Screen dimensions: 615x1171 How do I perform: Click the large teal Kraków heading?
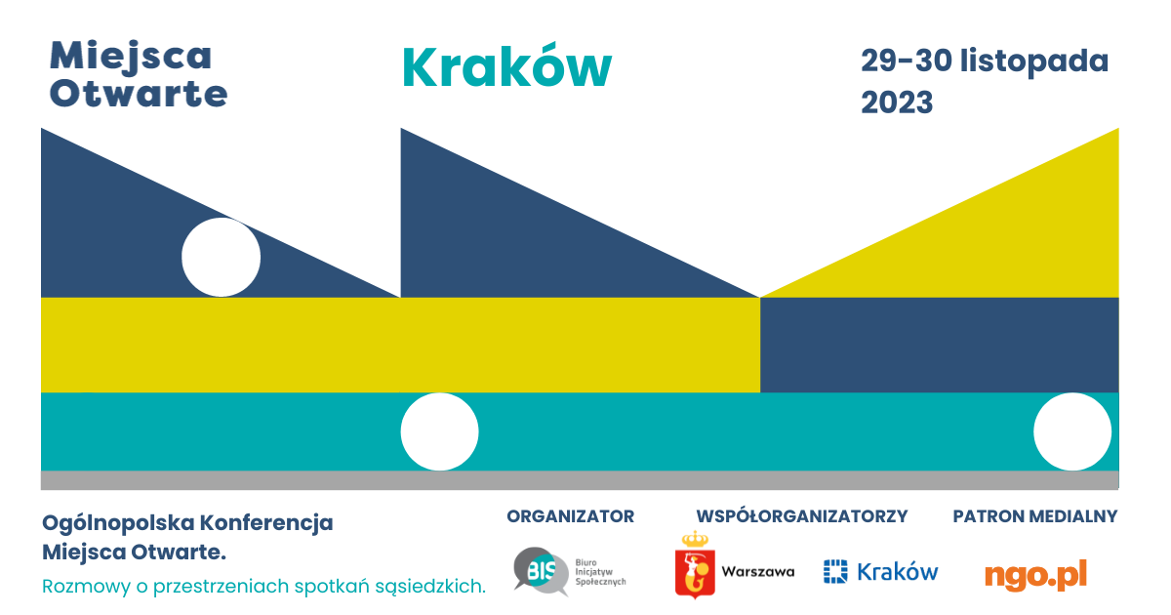click(506, 68)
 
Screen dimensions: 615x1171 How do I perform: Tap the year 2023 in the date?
click(897, 102)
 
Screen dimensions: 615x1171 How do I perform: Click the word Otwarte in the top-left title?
click(139, 94)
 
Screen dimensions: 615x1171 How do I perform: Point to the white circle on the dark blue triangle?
click(222, 257)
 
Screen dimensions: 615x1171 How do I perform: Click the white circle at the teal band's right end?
click(1071, 431)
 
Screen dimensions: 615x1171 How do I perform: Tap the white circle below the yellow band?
click(439, 431)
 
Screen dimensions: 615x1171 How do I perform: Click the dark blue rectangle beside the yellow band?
click(939, 345)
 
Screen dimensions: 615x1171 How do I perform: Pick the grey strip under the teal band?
click(580, 479)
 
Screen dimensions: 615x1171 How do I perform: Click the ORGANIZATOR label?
click(570, 516)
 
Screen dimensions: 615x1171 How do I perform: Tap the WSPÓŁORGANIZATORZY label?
click(801, 516)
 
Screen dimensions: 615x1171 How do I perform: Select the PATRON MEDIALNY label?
click(1034, 516)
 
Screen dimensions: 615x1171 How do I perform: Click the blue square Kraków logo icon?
click(834, 571)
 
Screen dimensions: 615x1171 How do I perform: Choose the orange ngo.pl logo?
click(1034, 574)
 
